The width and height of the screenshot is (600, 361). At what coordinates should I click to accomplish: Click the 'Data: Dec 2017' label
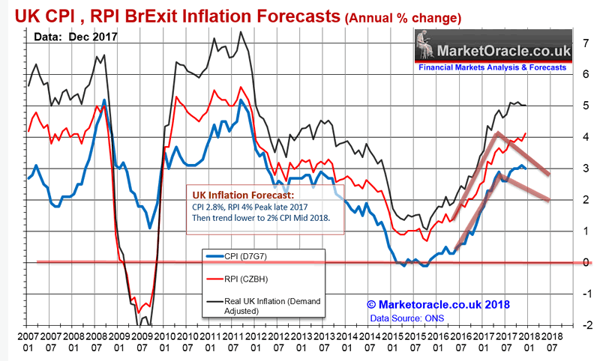pos(65,36)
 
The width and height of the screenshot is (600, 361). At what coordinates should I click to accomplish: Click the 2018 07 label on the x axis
pos(552,342)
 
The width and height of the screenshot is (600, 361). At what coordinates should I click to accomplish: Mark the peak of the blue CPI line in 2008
pos(103,100)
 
